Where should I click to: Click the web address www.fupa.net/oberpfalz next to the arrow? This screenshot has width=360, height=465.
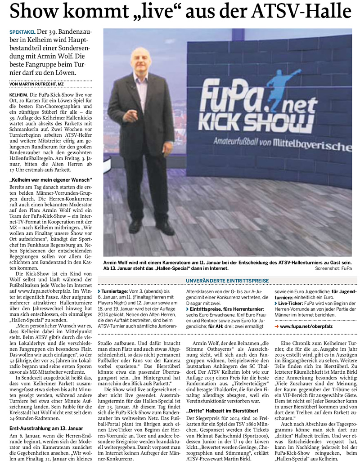(306, 326)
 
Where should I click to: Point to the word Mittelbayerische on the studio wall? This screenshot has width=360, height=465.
(315, 147)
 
